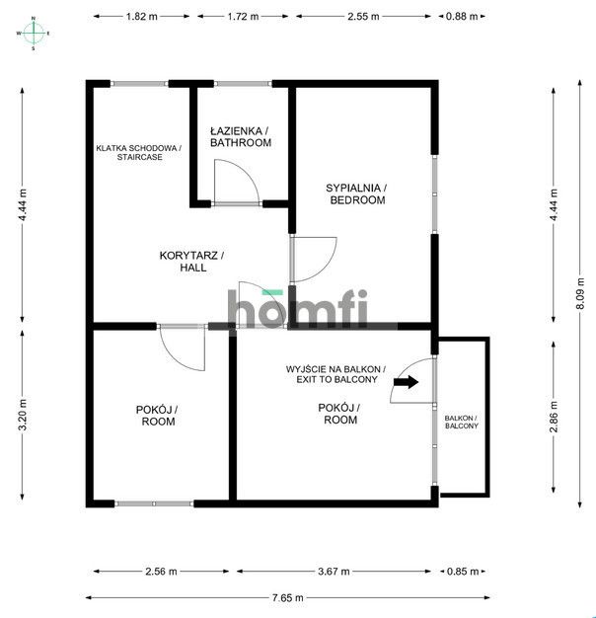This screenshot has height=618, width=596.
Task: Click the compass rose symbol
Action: (34, 34)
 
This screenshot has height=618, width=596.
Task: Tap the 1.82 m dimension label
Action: (141, 17)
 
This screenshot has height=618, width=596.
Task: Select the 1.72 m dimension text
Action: (243, 17)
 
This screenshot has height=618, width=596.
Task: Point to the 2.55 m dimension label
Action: (363, 17)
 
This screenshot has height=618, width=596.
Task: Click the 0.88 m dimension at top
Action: (462, 17)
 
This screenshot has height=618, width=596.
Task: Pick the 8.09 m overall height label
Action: (580, 293)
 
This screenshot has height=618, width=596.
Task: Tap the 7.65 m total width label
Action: (287, 598)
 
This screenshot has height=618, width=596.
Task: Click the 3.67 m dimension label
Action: (334, 572)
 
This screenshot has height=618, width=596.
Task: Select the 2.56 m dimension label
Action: (161, 572)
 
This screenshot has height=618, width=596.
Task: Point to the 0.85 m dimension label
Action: (463, 572)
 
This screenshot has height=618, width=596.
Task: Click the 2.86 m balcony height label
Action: (554, 417)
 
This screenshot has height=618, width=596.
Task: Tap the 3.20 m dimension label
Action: (23, 415)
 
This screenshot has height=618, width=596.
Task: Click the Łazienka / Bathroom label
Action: (241, 137)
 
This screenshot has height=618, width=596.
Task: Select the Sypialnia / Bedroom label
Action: (357, 193)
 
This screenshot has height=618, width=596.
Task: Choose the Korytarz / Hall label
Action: (192, 262)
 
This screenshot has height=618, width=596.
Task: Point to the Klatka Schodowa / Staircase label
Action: (139, 153)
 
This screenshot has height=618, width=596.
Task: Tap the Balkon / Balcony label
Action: (461, 423)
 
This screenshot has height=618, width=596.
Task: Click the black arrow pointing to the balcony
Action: (406, 382)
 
